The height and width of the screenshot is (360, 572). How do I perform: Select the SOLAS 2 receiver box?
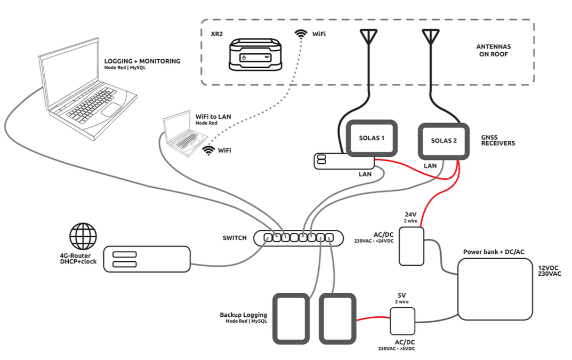444,141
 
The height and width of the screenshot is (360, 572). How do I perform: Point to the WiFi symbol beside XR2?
301,34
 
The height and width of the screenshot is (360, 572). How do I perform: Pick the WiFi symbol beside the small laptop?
208,150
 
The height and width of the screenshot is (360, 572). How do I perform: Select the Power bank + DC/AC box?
495,290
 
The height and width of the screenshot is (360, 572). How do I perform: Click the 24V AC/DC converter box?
412,246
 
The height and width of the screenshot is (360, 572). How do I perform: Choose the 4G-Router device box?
147,259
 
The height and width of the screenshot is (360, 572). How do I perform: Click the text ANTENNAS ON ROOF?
493,50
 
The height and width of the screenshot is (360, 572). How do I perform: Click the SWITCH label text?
235,238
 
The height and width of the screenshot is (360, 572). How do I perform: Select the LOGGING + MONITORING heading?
142,61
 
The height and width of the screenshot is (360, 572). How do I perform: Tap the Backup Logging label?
243,315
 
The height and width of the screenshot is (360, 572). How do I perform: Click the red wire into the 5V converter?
373,319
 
